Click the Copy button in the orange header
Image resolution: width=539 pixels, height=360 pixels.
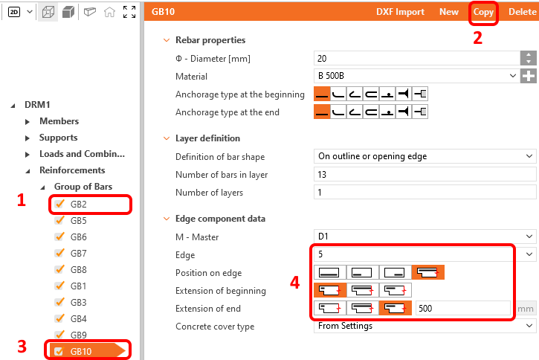483,12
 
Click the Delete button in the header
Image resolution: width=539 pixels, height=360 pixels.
523,12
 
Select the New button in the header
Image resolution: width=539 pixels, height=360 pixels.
449,12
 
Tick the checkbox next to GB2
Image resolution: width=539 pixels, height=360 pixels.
59,204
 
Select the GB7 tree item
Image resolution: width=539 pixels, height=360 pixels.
78,254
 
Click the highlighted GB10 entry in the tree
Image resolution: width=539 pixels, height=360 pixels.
81,351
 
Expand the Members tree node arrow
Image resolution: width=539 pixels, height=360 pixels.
28,121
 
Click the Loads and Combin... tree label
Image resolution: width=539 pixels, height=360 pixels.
83,154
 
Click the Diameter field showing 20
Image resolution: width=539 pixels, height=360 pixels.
416,59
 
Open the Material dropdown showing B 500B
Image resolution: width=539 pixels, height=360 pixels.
416,76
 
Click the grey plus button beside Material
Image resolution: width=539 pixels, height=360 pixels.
529,76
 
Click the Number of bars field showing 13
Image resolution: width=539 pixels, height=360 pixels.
425,175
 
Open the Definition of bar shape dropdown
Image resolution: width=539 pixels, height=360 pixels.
425,156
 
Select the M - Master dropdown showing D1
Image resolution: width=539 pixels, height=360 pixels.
425,237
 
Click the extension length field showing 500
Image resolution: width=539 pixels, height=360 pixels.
462,308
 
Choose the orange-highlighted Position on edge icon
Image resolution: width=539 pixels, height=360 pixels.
428,272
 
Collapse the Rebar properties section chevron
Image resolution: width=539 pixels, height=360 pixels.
167,40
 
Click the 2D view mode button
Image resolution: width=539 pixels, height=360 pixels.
14,13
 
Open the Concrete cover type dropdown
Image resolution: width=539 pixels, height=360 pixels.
425,326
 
